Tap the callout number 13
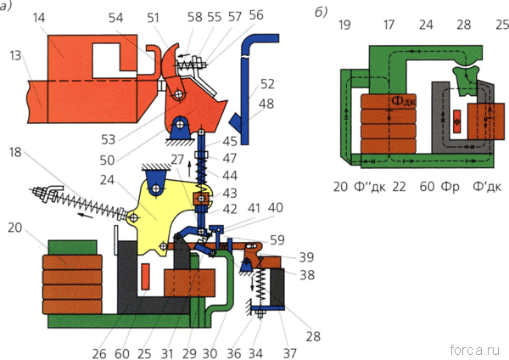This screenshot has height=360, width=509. tap(17, 56)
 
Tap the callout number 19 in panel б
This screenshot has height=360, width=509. tap(345, 26)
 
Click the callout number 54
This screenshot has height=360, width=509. tap(137, 17)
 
